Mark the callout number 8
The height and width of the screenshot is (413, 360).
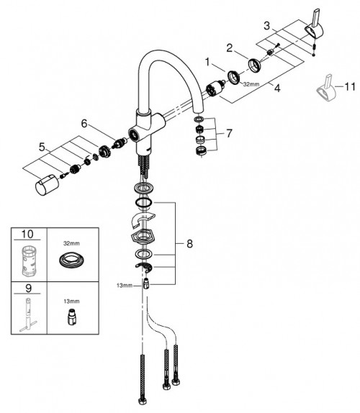click(189, 244)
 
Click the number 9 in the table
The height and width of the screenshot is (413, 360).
click(28, 288)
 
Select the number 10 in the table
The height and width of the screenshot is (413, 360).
click(29, 235)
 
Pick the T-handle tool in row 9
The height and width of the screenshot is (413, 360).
click(29, 314)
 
